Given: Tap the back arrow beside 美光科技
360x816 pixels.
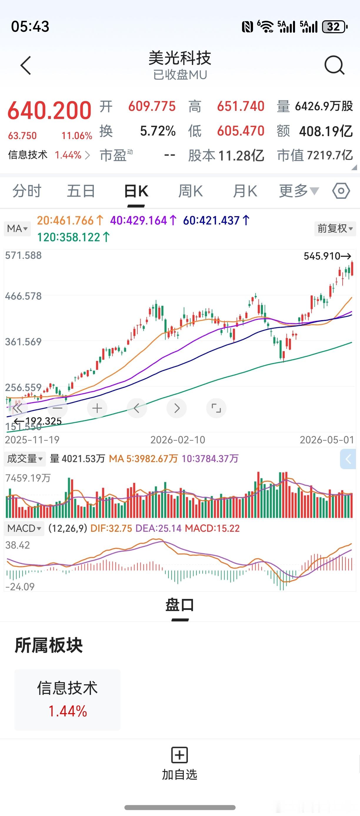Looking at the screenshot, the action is click(26, 65).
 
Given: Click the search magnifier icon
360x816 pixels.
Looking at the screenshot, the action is click(334, 65).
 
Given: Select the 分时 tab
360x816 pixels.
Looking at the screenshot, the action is click(27, 191).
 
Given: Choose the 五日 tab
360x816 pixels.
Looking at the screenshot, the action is click(81, 191).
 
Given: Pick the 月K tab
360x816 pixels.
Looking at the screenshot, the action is click(245, 191).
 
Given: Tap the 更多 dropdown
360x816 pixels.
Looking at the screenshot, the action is click(299, 191).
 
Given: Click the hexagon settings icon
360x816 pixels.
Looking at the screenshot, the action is click(341, 191).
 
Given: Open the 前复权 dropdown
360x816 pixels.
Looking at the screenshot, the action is click(335, 228).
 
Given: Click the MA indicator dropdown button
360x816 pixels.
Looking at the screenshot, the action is click(17, 228).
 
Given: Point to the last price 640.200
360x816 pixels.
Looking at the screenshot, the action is click(49, 110).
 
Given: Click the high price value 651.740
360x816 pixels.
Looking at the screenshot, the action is click(241, 106).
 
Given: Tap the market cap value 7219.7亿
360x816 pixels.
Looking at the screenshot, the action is click(330, 155).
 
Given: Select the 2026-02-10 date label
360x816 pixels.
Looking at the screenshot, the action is click(178, 440).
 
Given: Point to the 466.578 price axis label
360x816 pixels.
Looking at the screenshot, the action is click(23, 296).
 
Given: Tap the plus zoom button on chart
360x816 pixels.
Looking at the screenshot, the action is click(97, 408).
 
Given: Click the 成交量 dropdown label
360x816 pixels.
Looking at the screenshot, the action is click(25, 458).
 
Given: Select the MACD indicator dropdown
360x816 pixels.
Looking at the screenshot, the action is click(24, 529).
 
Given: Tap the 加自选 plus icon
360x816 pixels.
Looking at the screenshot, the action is click(180, 755).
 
